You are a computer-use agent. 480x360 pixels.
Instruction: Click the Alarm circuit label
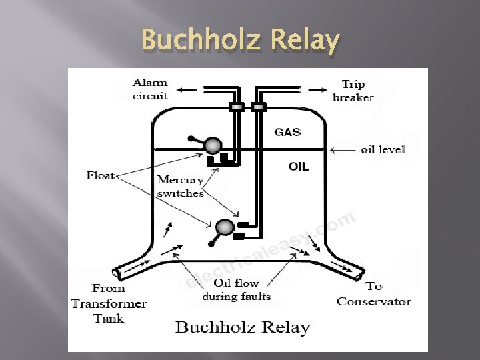tap(150, 89)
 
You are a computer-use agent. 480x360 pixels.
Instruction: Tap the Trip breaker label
tap(353, 91)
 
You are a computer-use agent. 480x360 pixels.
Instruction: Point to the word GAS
tap(288, 132)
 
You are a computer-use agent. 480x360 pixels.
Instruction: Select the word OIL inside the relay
tap(299, 167)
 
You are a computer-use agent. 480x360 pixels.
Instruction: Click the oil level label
tap(383, 149)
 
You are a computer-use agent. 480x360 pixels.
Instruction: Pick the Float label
tap(101, 176)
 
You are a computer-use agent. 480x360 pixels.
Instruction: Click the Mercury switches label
tap(180, 187)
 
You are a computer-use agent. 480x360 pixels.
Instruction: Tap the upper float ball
tap(213, 145)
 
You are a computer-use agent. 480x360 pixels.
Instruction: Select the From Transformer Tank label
tap(109, 303)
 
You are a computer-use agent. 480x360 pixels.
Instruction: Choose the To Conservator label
tap(374, 294)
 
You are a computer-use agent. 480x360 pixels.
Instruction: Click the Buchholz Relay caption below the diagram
tap(243, 328)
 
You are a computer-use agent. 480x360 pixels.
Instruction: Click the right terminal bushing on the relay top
tap(258, 107)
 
